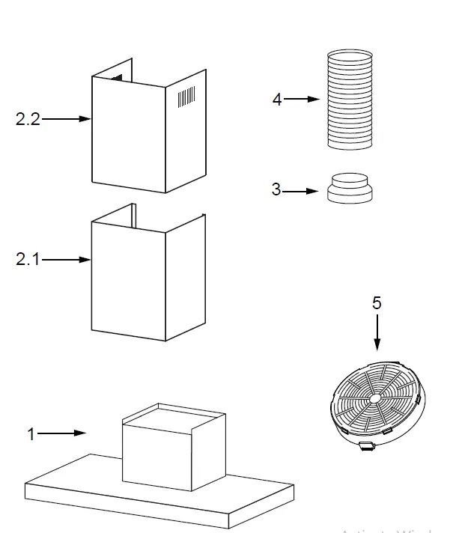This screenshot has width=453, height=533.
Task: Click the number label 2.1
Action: (x=28, y=260)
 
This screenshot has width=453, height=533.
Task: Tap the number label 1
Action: (x=31, y=433)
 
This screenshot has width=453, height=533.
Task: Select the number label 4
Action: (x=277, y=100)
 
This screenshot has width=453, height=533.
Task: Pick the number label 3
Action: (x=276, y=190)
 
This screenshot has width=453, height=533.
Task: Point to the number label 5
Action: (x=377, y=303)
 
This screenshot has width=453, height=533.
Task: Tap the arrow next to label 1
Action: (x=63, y=433)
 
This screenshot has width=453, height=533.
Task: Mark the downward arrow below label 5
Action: (x=377, y=332)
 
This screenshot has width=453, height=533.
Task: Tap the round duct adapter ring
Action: (x=348, y=188)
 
